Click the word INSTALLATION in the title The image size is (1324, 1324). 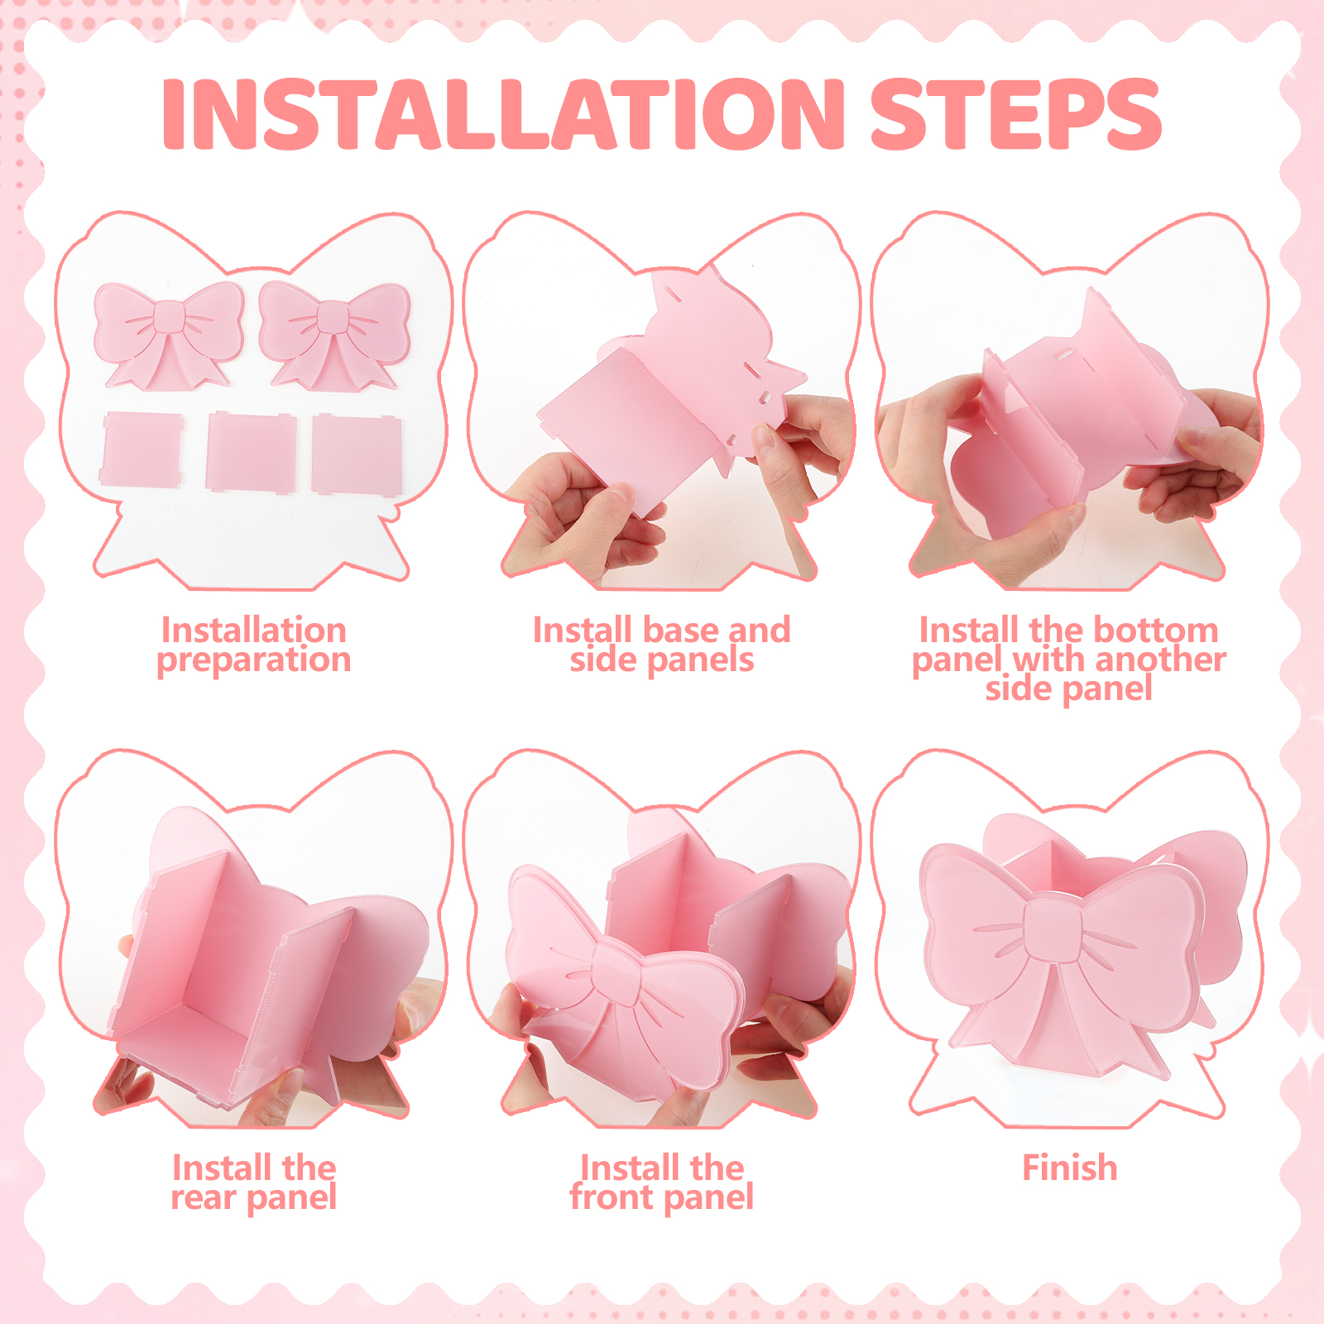point(504,114)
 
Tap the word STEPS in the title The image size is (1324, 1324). point(1016,114)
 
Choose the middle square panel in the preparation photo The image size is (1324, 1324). point(252,452)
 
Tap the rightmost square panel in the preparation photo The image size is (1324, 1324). point(357,454)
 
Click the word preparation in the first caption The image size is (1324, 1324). point(254,660)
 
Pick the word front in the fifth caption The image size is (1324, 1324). point(612,1197)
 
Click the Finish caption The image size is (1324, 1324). point(1070,1168)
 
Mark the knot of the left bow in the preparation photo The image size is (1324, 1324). point(170,317)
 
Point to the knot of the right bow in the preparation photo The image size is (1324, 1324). point(334,317)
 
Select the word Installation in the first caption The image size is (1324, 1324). point(254,631)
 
